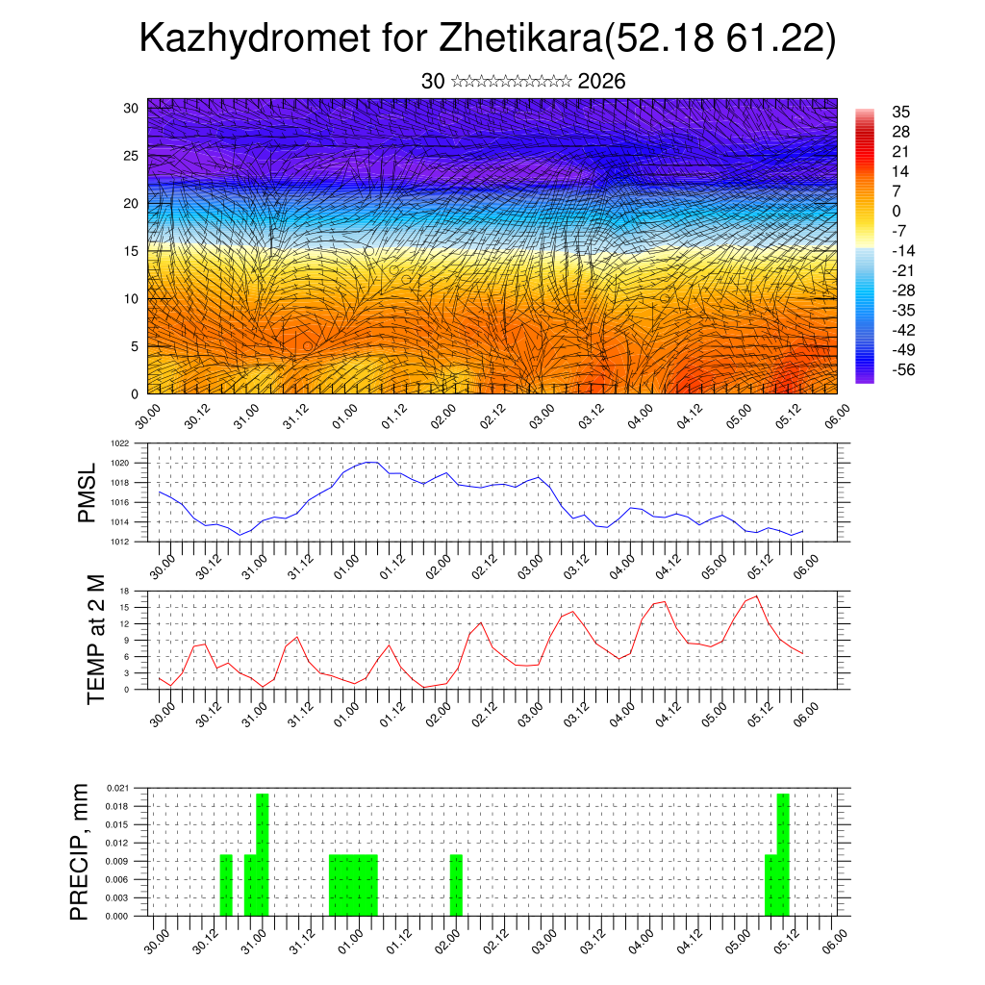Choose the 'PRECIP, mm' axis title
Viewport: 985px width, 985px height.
(x=81, y=851)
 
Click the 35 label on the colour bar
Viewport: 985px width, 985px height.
(x=900, y=112)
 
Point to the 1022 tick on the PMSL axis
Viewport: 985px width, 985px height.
(x=119, y=443)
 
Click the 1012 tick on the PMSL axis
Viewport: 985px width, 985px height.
(x=119, y=542)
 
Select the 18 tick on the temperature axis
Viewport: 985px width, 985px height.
(x=124, y=591)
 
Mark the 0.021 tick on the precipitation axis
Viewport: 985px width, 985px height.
(x=117, y=788)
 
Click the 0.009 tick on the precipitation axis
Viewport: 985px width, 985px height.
(x=117, y=861)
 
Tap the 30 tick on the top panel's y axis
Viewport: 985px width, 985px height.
(x=132, y=108)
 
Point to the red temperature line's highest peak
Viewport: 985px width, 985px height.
(x=758, y=596)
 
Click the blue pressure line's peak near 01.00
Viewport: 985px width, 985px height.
(x=370, y=463)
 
